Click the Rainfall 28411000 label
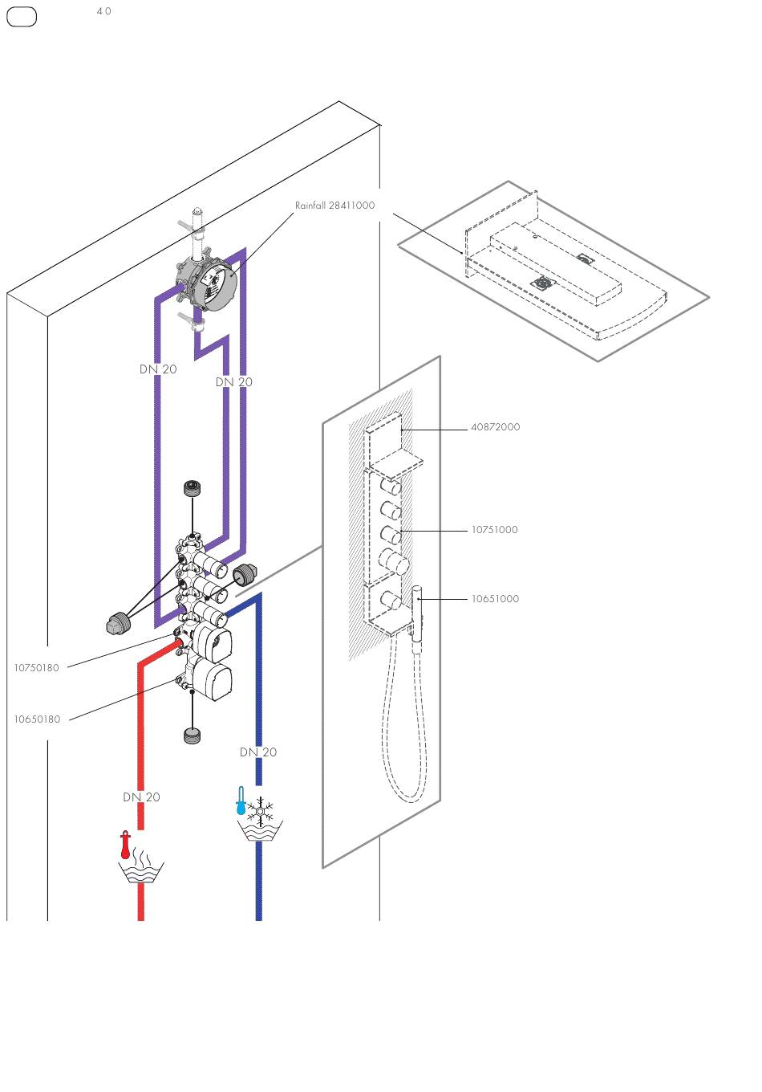click(334, 206)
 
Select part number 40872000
click(495, 427)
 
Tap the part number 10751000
click(494, 530)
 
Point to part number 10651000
click(495, 599)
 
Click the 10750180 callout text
click(36, 668)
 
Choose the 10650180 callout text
click(37, 719)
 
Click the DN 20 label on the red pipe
click(141, 797)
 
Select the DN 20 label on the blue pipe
click(258, 752)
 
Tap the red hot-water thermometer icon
click(126, 845)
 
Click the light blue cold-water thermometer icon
click(241, 800)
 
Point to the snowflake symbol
click(261, 812)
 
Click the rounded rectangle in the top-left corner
click(22, 17)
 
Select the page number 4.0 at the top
click(103, 11)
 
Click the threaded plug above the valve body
click(193, 488)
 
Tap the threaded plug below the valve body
click(193, 735)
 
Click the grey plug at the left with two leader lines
click(117, 622)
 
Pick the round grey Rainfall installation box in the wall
click(206, 284)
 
